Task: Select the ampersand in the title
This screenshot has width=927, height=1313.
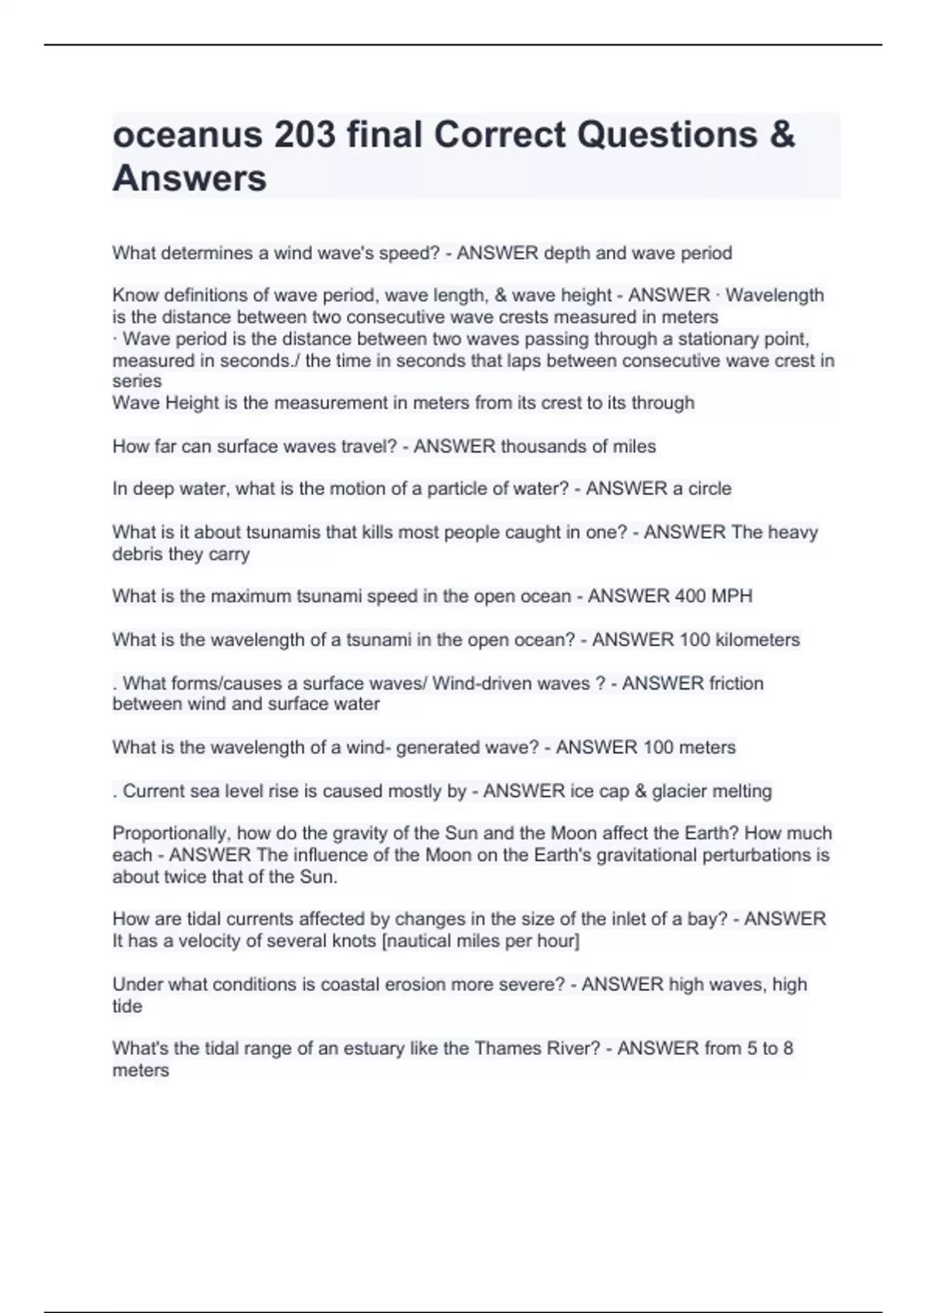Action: pos(782,135)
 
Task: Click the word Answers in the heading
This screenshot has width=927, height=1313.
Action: pos(189,178)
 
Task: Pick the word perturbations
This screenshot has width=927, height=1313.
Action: pos(758,855)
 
